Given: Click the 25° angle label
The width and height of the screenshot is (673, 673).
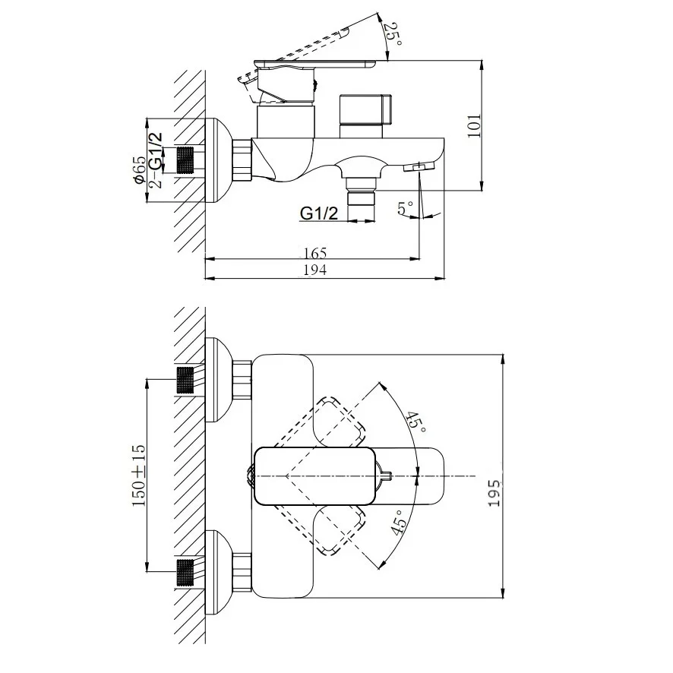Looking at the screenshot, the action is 393,35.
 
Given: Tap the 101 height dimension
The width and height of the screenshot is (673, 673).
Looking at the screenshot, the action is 474,126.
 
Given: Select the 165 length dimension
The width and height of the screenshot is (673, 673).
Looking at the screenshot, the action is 315,253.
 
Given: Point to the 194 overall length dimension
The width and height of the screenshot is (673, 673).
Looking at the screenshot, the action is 315,270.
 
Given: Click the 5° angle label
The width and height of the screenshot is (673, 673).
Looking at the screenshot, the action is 405,208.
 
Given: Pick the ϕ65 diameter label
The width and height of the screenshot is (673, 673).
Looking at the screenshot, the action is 140,170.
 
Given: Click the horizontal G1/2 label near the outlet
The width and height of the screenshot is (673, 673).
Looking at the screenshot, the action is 319,213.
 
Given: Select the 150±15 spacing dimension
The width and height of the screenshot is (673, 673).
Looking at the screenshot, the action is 139,476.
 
